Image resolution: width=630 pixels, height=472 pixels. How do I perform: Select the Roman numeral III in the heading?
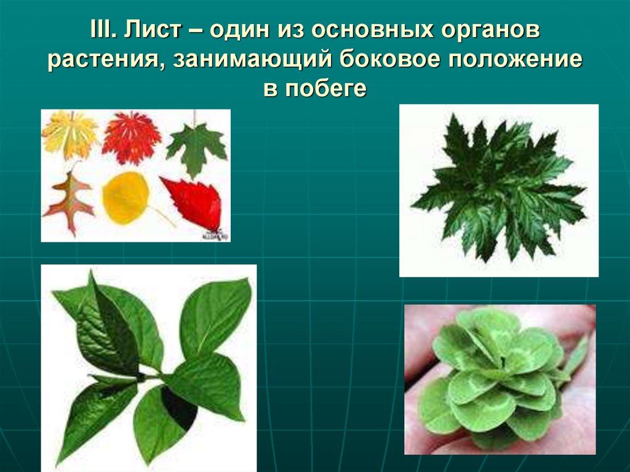coord(102,29)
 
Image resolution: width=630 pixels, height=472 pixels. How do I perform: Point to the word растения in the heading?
coord(104,59)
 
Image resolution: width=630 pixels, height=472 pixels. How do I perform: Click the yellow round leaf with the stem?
coord(126,198)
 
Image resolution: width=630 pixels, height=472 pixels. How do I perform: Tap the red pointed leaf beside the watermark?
coord(194,202)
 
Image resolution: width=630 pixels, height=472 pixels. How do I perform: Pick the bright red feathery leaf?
coord(131,137)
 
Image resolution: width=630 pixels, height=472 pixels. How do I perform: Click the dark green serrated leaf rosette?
coord(498,188)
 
